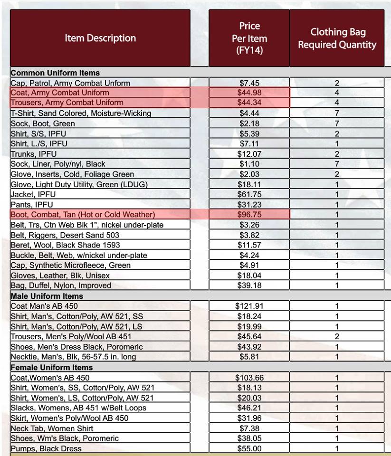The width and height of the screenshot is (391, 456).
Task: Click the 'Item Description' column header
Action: (100, 38)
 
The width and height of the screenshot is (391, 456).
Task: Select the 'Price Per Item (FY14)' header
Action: (249, 38)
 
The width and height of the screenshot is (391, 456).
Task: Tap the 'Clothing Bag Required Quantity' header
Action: (337, 38)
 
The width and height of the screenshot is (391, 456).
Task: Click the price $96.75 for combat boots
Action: (249, 215)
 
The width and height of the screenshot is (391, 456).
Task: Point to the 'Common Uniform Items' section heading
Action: (55, 73)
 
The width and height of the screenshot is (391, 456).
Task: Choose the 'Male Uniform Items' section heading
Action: (47, 296)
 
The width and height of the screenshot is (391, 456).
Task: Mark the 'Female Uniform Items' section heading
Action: (51, 368)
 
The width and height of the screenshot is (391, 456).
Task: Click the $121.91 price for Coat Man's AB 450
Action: (249, 306)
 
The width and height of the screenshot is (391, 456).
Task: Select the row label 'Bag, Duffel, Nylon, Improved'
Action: (61, 285)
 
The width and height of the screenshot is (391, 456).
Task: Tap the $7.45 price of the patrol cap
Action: (249, 83)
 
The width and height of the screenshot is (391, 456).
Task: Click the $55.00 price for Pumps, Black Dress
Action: (249, 449)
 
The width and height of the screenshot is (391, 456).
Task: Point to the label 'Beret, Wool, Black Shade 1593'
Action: (65, 245)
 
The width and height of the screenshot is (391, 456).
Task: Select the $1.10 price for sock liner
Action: (249, 164)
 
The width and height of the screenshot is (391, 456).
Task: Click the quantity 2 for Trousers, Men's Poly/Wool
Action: (337, 337)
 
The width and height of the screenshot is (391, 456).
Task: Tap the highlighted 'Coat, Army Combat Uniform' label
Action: (60, 93)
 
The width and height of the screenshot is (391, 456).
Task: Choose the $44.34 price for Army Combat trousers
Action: (249, 103)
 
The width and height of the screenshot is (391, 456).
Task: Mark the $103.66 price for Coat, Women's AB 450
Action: (249, 378)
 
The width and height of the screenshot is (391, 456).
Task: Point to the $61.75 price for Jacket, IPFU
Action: (249, 194)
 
